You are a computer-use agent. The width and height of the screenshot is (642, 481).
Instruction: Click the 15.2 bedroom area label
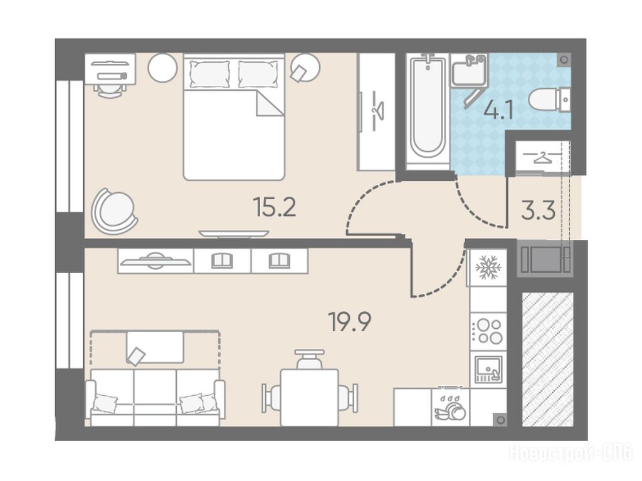pyautogui.click(x=275, y=207)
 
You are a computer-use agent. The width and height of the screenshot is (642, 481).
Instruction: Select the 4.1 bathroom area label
pyautogui.click(x=498, y=110)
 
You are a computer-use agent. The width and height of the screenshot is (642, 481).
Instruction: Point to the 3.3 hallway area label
pyautogui.click(x=538, y=210)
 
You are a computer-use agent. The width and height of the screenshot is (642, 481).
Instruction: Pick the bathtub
pyautogui.click(x=428, y=113)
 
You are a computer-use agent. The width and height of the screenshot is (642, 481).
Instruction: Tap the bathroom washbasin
pyautogui.click(x=469, y=70)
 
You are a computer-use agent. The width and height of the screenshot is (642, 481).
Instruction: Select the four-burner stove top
pyautogui.click(x=488, y=331)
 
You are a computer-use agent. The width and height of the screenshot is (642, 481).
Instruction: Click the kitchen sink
pyautogui.click(x=488, y=370)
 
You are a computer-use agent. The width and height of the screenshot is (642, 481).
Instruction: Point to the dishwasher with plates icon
pyautogui.click(x=450, y=407)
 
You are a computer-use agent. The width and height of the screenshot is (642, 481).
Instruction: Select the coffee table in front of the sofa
pyautogui.click(x=155, y=347)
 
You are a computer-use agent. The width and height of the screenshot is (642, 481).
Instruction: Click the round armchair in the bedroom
pyautogui.click(x=114, y=211)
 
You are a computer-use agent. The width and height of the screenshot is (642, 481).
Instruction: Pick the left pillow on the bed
pyautogui.click(x=209, y=74)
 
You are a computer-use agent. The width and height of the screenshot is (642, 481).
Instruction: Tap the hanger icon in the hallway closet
pyautogui.click(x=542, y=157)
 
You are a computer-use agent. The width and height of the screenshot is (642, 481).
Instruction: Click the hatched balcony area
pyautogui.click(x=548, y=359)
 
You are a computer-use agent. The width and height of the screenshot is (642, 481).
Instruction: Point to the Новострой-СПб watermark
pyautogui.click(x=571, y=453)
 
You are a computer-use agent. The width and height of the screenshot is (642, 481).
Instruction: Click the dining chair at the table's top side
pyautogui.click(x=310, y=359)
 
